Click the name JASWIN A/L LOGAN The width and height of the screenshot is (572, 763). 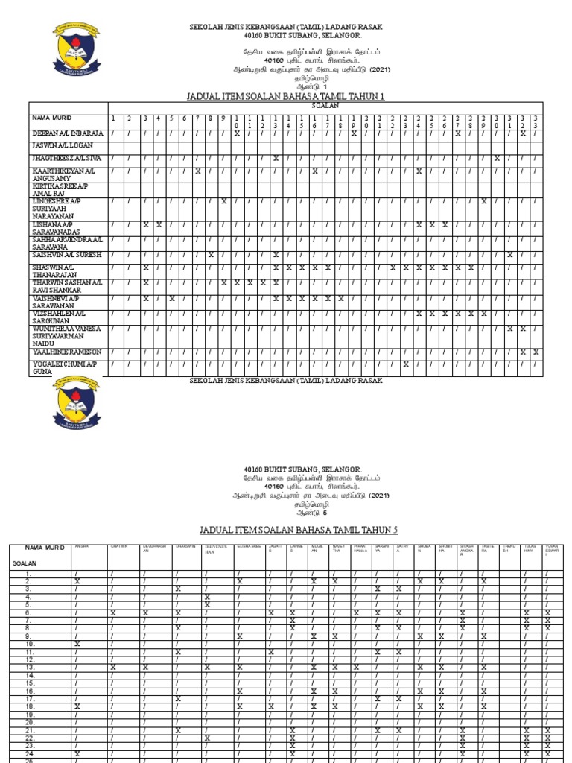click(x=62, y=145)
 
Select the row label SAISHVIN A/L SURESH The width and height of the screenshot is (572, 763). click(x=67, y=255)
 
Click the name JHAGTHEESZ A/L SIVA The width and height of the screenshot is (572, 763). click(x=68, y=158)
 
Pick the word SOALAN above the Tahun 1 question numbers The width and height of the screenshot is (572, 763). click(x=325, y=107)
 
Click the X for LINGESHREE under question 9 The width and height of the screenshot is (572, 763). click(x=224, y=201)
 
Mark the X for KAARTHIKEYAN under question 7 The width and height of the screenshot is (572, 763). click(x=197, y=171)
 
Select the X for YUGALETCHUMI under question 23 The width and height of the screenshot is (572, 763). click(x=406, y=364)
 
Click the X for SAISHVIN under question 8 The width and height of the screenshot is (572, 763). click(x=211, y=255)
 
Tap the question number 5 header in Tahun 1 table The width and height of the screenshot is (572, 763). click(x=171, y=118)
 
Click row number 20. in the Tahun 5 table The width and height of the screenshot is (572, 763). click(x=30, y=723)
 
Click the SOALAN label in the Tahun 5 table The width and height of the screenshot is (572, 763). click(x=25, y=565)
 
